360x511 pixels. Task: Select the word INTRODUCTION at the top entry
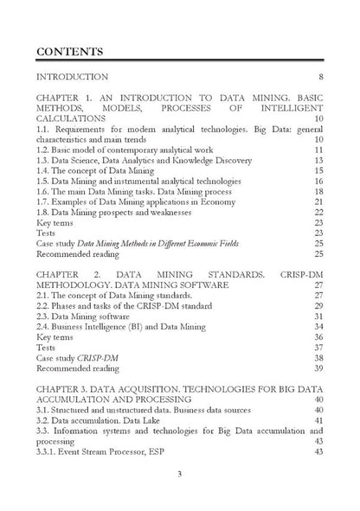72,77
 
